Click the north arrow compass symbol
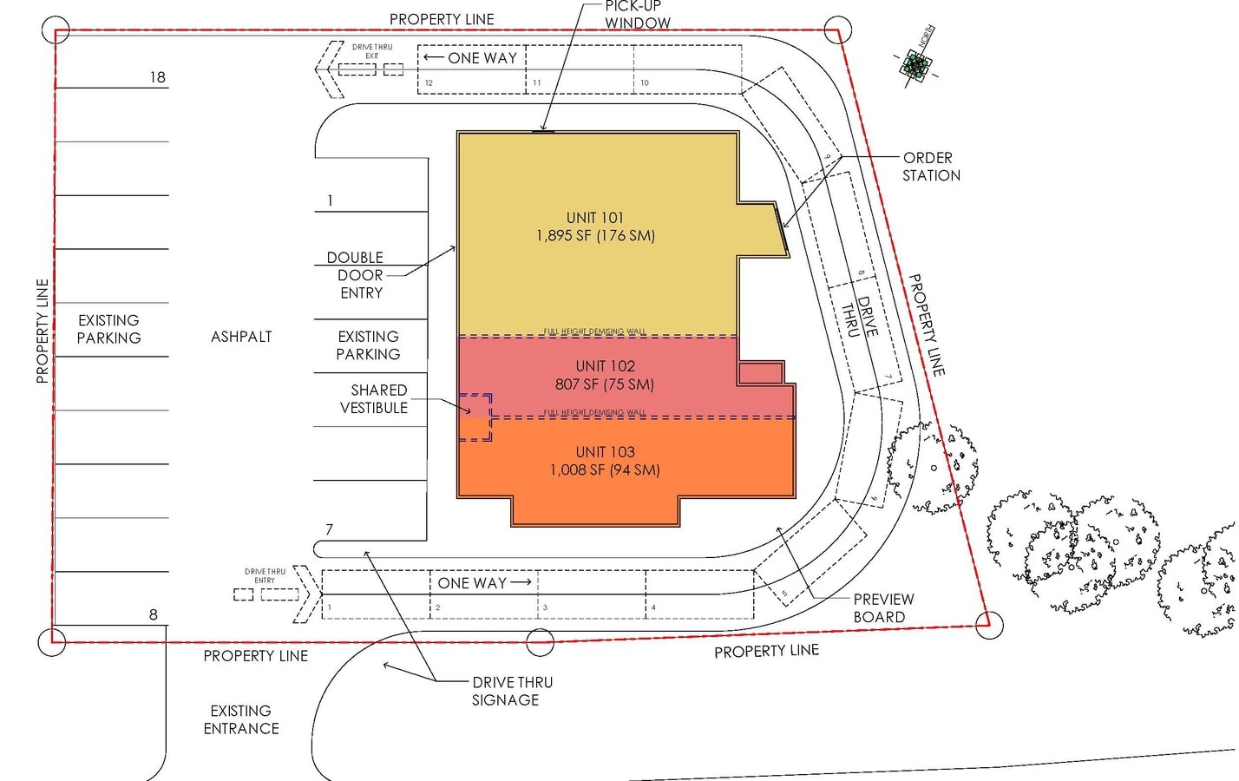pyautogui.click(x=914, y=65)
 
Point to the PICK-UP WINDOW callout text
pyautogui.click(x=637, y=15)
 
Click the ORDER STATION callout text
pyautogui.click(x=930, y=167)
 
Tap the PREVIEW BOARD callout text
pyautogui.click(x=882, y=607)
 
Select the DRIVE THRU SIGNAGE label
pyautogui.click(x=511, y=691)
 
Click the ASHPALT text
pyautogui.click(x=241, y=337)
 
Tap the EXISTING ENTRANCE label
pyautogui.click(x=241, y=719)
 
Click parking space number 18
pyautogui.click(x=157, y=77)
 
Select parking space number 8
pyautogui.click(x=154, y=614)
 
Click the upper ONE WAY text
pyautogui.click(x=482, y=58)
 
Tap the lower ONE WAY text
pyautogui.click(x=472, y=583)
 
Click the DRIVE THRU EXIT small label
pyautogui.click(x=372, y=51)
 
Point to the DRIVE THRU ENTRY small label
pyautogui.click(x=265, y=575)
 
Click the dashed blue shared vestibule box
pyautogui.click(x=475, y=417)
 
